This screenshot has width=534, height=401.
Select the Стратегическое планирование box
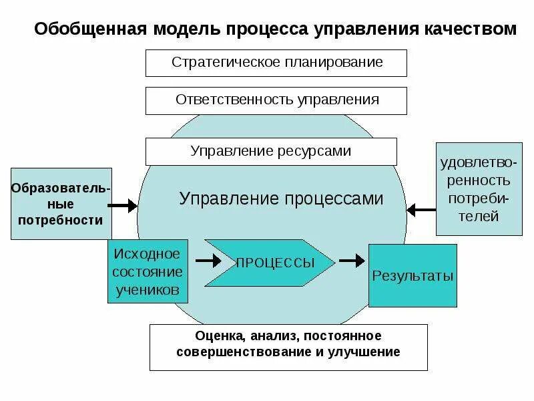pos(276,62)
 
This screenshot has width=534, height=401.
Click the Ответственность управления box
pos(276,100)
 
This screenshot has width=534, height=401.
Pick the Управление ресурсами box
pos(271,151)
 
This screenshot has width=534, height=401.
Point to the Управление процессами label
pos(281,198)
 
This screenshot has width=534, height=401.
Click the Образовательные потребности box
pos(61,203)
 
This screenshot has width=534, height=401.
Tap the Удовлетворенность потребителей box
pos(479,189)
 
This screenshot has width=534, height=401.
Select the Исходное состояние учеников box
pos(148,272)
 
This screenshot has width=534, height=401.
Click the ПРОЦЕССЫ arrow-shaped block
pos(270,263)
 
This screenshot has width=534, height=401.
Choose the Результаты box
pos(413,275)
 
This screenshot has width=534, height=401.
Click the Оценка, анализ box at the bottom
pos(288,346)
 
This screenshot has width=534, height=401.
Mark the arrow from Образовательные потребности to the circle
pos(124,206)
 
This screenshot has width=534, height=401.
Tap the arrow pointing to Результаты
pos(352,259)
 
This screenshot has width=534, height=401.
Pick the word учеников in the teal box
pos(148,290)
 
